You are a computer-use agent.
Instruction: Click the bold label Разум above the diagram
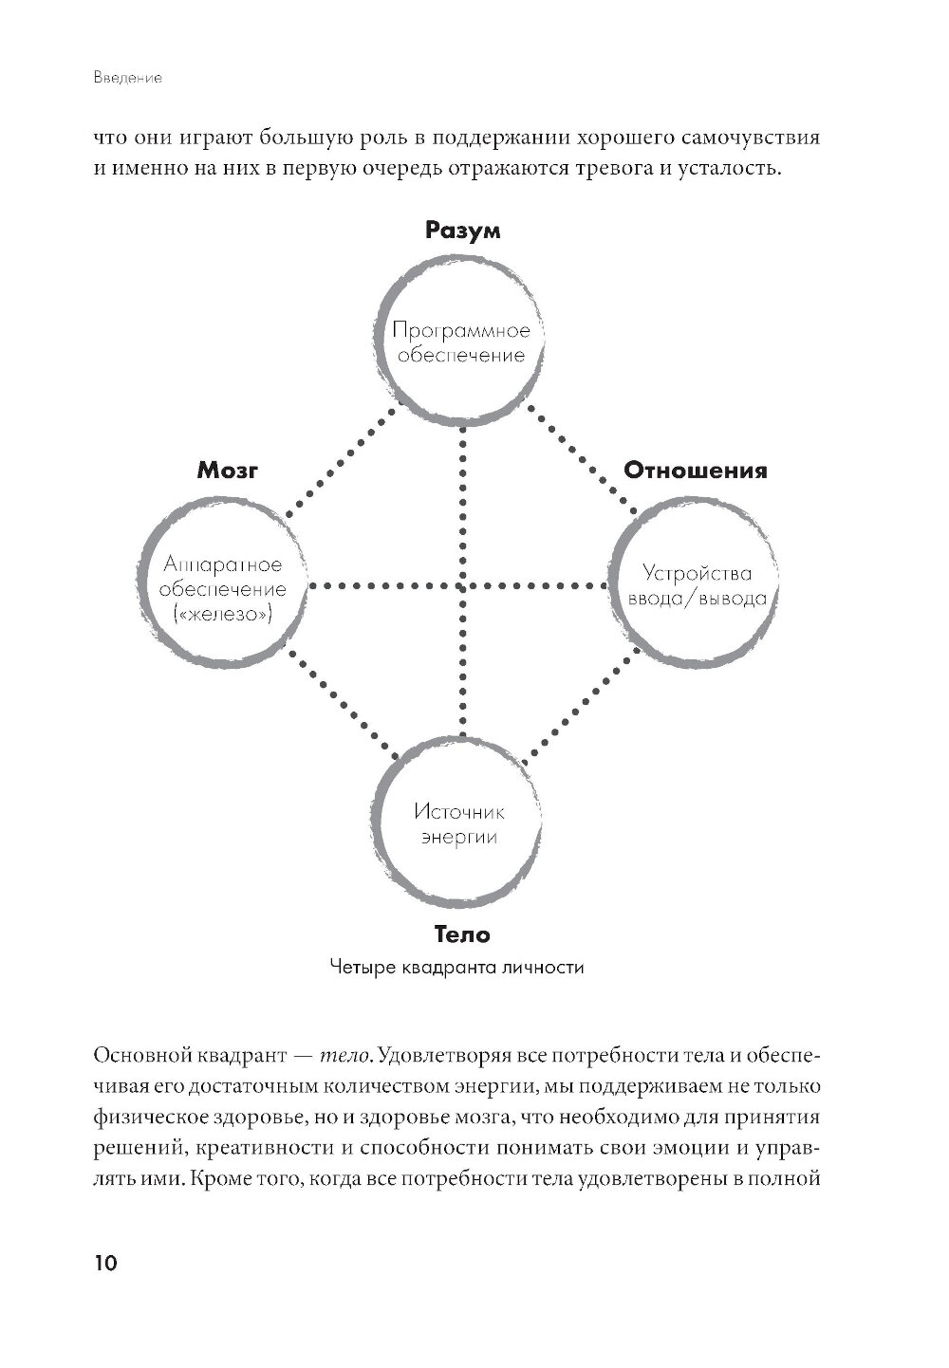[x=462, y=231]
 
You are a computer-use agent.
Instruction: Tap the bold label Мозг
[x=228, y=470]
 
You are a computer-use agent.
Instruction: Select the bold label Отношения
[x=695, y=470]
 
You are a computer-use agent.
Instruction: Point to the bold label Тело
[x=462, y=934]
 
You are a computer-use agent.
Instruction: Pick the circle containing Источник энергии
[x=460, y=823]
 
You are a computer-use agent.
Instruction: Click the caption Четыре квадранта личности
[x=456, y=969]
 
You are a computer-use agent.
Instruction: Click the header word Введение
[x=128, y=79]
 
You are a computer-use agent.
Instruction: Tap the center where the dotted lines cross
[x=462, y=586]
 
